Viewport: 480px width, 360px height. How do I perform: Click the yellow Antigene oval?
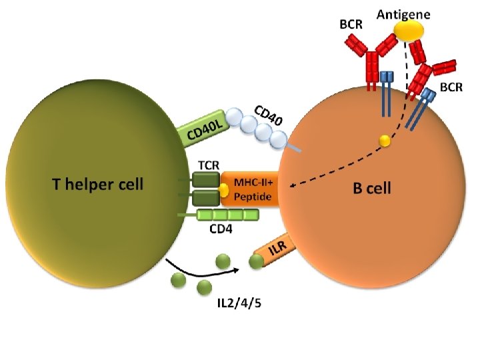tap(407, 31)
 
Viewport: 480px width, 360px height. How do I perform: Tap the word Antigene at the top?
tap(403, 13)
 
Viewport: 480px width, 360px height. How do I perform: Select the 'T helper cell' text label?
tap(97, 184)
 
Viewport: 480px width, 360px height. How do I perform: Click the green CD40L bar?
tap(204, 129)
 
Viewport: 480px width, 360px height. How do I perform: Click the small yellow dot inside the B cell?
tap(384, 141)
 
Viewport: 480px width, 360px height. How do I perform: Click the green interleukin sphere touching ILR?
tap(256, 263)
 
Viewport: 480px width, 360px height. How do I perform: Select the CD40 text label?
tap(269, 115)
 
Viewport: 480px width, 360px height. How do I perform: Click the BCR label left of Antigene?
tap(351, 25)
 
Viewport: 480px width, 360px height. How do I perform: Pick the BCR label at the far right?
tap(451, 88)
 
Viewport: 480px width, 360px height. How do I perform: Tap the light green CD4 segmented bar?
tap(227, 215)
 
